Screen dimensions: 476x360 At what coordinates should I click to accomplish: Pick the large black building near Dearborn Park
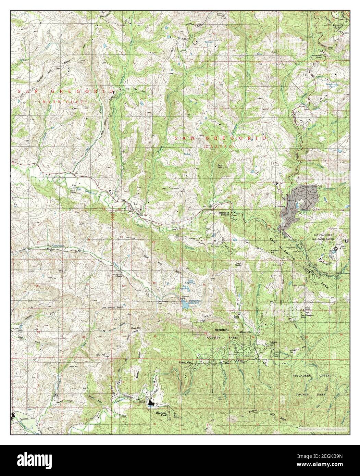point(151,404)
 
